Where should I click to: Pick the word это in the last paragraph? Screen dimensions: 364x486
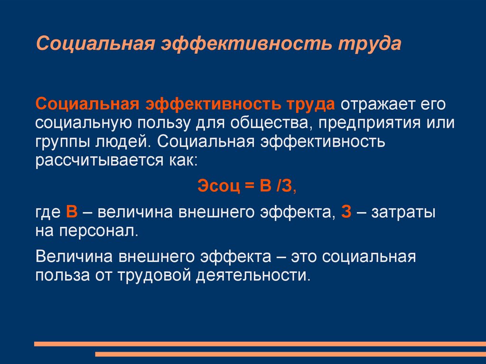tap(304, 257)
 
